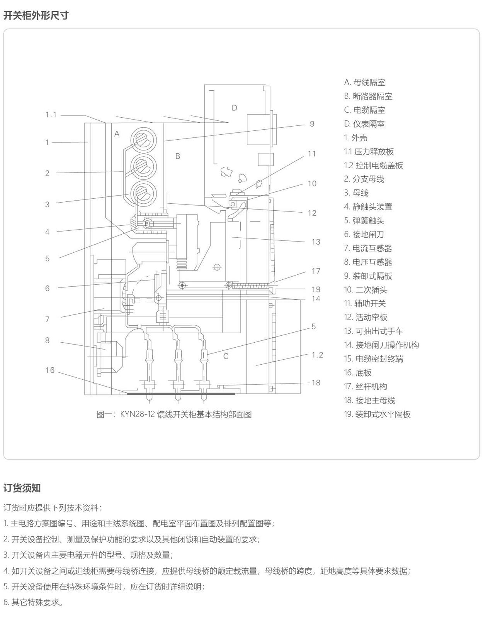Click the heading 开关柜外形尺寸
pyautogui.click(x=36, y=15)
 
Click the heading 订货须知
pyautogui.click(x=22, y=488)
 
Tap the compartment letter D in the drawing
pyautogui.click(x=234, y=108)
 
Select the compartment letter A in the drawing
pyautogui.click(x=117, y=134)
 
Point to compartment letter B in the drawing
pyautogui.click(x=177, y=156)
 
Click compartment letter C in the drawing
pyautogui.click(x=226, y=356)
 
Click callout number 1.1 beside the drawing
pyautogui.click(x=51, y=115)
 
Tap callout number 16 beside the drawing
pyautogui.click(x=50, y=370)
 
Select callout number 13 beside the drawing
pyautogui.click(x=316, y=242)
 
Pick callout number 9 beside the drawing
pyautogui.click(x=312, y=124)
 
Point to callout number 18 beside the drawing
pyautogui.click(x=316, y=382)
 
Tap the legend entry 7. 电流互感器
pyautogui.click(x=368, y=248)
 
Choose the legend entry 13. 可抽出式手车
pyautogui.click(x=373, y=331)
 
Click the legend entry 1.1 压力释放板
pyautogui.click(x=369, y=152)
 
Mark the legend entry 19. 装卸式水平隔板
pyautogui.click(x=377, y=414)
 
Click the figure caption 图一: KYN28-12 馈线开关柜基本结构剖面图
pyautogui.click(x=174, y=414)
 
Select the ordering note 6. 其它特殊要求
pyautogui.click(x=33, y=602)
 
